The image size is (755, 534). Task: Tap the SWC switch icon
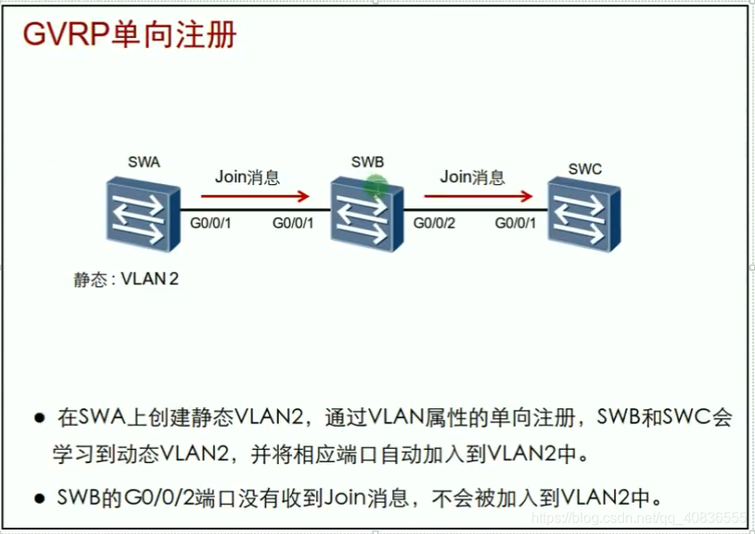(x=582, y=210)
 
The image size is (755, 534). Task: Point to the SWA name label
(x=144, y=162)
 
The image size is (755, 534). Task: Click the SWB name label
(x=366, y=162)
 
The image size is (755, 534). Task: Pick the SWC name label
(x=585, y=166)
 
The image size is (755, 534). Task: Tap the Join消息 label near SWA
(x=247, y=176)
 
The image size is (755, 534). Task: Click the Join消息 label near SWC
(x=472, y=176)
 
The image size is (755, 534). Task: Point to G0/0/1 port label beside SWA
(x=211, y=222)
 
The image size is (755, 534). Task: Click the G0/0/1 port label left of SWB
(x=293, y=222)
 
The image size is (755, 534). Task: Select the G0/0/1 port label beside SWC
(x=515, y=222)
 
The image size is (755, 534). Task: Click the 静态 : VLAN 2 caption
(x=126, y=280)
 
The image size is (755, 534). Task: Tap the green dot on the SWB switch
(x=376, y=185)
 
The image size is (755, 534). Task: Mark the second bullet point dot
(x=39, y=499)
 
